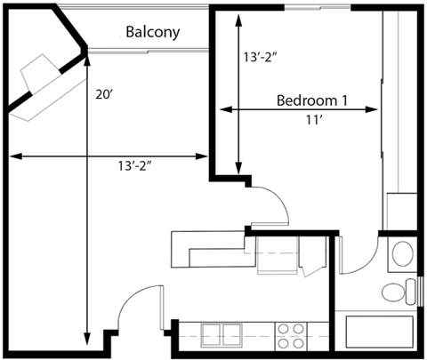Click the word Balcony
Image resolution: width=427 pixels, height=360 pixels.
point(152,33)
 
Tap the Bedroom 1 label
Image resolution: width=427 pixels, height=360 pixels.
point(311,99)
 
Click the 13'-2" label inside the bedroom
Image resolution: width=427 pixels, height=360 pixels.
point(264,58)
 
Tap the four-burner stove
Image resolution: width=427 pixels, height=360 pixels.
point(291,336)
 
